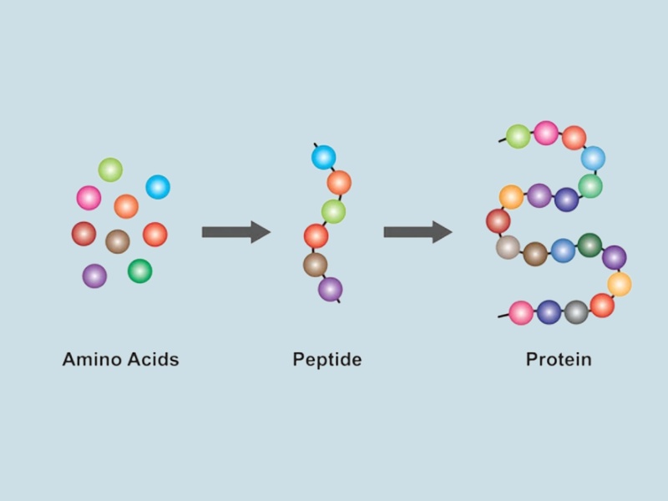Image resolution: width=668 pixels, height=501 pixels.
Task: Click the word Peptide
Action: (x=326, y=360)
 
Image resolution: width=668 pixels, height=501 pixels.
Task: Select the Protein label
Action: (x=559, y=360)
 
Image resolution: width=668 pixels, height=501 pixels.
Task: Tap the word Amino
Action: (x=92, y=360)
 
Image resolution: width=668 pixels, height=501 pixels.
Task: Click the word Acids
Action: (x=153, y=360)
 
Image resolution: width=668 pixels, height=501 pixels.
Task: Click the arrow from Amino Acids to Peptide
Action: (x=235, y=232)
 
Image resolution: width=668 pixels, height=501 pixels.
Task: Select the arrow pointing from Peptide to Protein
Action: (x=417, y=232)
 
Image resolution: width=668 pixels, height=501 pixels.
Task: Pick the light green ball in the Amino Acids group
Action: (x=110, y=170)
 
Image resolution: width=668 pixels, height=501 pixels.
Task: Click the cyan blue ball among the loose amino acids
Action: (x=158, y=187)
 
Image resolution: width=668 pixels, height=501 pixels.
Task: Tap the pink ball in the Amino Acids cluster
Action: (x=89, y=198)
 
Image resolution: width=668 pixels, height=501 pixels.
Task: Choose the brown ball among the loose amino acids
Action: (x=118, y=241)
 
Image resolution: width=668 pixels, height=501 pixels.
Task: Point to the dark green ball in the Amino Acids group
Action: (x=139, y=271)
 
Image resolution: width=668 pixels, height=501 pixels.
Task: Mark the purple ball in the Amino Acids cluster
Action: (x=94, y=276)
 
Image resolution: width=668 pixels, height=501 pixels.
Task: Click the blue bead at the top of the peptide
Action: (x=323, y=157)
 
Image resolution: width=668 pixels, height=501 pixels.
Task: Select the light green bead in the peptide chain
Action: (x=333, y=211)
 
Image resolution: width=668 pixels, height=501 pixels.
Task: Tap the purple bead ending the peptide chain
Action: (x=330, y=289)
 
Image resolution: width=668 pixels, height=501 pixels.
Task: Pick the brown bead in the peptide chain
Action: (x=315, y=265)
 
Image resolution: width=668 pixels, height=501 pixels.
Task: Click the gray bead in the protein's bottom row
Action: (x=576, y=312)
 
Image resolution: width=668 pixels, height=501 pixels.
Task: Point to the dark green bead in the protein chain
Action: (x=590, y=245)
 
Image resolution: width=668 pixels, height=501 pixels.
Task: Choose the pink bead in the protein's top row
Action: (x=546, y=133)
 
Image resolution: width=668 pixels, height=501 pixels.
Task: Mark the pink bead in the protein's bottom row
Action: (x=521, y=313)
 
